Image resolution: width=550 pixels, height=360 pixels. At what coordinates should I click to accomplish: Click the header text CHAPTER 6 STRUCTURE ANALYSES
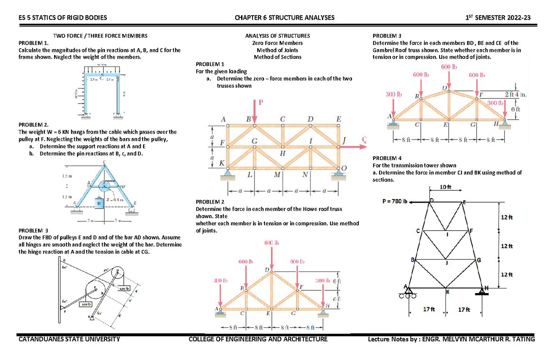pyautogui.click(x=284, y=18)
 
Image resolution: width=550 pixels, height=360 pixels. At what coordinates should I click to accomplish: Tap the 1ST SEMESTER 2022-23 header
pyautogui.click(x=498, y=18)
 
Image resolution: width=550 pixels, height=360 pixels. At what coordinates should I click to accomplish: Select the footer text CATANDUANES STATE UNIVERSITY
pyautogui.click(x=69, y=339)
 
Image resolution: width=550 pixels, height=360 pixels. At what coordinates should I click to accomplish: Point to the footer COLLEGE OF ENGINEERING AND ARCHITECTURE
pyautogui.click(x=258, y=339)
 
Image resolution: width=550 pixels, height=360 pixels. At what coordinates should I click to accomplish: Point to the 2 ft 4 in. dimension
pyautogui.click(x=515, y=95)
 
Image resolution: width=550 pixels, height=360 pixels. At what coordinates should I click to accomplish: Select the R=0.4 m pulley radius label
pyautogui.click(x=114, y=199)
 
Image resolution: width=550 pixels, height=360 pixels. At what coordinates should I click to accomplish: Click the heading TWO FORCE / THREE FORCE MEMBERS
pyautogui.click(x=100, y=35)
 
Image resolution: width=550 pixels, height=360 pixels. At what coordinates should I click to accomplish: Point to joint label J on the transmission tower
pyautogui.click(x=446, y=263)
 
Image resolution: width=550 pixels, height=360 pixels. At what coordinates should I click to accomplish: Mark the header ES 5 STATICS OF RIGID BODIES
pyautogui.click(x=62, y=18)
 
